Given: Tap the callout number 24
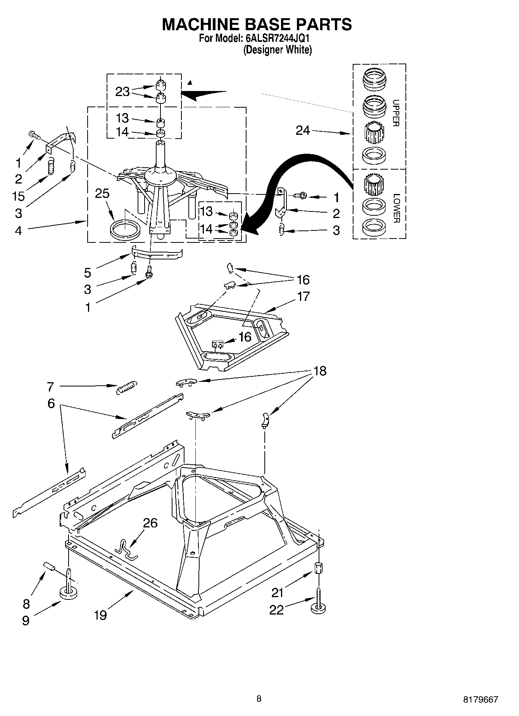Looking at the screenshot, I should [x=303, y=131].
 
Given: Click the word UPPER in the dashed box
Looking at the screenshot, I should [x=396, y=113].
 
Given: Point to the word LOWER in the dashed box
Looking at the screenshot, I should [x=396, y=208].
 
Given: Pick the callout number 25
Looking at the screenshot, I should [x=102, y=194].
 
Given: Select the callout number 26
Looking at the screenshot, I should [x=150, y=523].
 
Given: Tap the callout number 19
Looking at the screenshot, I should [x=100, y=615].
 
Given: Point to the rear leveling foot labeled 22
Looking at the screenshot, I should [x=318, y=608].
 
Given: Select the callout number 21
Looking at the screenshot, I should [x=278, y=592].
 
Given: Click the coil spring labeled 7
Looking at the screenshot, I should [x=126, y=386].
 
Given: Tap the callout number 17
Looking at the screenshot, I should [x=303, y=297].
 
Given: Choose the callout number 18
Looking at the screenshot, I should [x=319, y=371].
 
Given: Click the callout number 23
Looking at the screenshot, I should [x=122, y=92].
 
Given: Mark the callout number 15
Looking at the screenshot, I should [x=18, y=196].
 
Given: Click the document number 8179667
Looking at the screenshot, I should [x=479, y=699].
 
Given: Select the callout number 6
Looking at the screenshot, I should [x=51, y=403].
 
